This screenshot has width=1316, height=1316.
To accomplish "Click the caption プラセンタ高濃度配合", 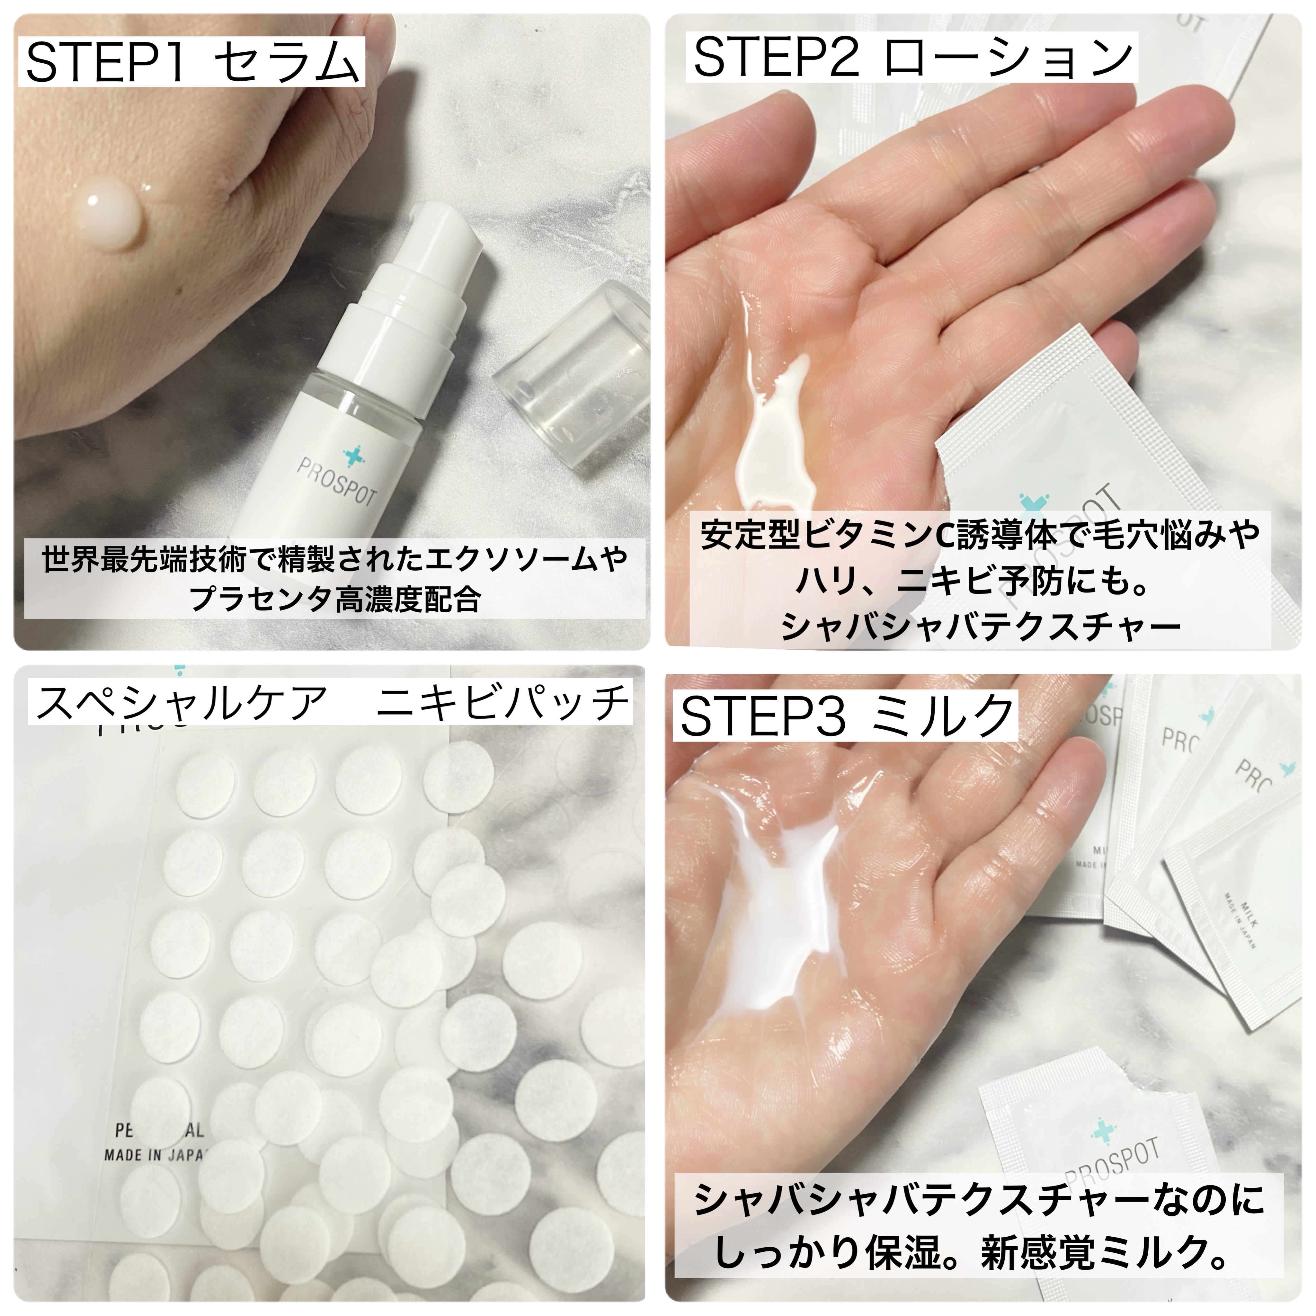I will (x=335, y=600).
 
